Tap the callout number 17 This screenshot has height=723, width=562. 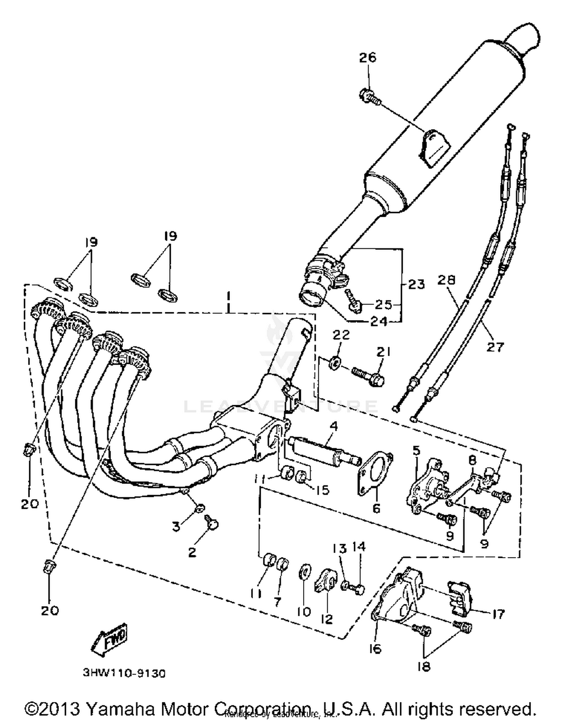click(498, 614)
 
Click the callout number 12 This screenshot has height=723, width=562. click(327, 619)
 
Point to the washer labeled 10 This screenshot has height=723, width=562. click(304, 574)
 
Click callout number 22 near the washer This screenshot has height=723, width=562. click(341, 334)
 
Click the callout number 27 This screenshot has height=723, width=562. click(495, 347)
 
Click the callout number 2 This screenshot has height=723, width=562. click(192, 552)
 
